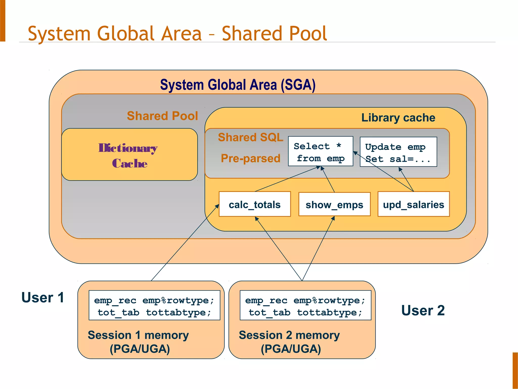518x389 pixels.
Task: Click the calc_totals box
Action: coord(255,204)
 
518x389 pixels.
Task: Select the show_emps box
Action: coord(334,204)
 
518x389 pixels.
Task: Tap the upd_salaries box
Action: coord(414,204)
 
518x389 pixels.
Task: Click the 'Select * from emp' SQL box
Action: coord(320,151)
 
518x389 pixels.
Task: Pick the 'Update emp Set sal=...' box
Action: coord(398,152)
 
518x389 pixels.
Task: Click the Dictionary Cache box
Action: coord(129,155)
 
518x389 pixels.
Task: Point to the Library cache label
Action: coord(398,118)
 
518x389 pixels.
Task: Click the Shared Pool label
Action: coord(162,116)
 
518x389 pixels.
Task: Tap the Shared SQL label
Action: coord(250,137)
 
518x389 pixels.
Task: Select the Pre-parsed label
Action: coord(250,158)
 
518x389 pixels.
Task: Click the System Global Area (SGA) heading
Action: coord(238,85)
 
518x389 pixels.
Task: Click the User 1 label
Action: coord(42,298)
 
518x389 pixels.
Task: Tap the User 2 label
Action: coord(423,310)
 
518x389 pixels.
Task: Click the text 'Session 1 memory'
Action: coord(138,335)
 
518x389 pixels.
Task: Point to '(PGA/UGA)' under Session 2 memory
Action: coord(291,349)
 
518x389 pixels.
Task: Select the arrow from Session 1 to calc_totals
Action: coord(185,243)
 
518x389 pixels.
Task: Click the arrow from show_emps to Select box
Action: coord(328,179)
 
